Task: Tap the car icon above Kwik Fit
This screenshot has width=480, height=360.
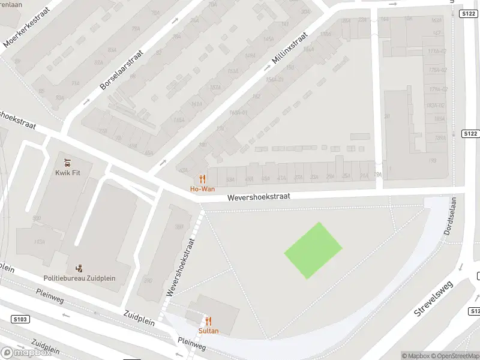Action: pos(67,161)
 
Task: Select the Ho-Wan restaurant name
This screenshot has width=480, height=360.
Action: pos(202,189)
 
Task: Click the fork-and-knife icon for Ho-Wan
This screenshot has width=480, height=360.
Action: pos(202,179)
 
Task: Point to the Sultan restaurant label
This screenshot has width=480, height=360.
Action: pos(208,331)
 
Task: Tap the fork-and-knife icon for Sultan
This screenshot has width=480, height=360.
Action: pos(208,321)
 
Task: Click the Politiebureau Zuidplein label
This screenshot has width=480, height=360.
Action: pos(79,278)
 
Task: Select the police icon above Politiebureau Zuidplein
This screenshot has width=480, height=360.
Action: pos(79,268)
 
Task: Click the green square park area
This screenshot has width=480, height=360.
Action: pos(313,250)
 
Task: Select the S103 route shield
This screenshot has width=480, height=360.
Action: pos(19,319)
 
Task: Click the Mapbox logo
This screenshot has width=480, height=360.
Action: pos(25,352)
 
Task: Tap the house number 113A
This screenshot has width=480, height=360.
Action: pos(39,242)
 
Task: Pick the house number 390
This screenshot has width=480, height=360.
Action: pos(148,280)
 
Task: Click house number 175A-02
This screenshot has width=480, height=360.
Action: pos(436,70)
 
